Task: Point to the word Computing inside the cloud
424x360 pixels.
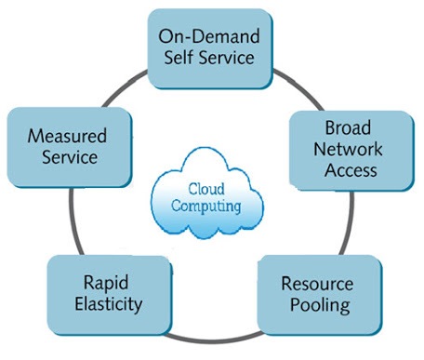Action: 206,206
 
